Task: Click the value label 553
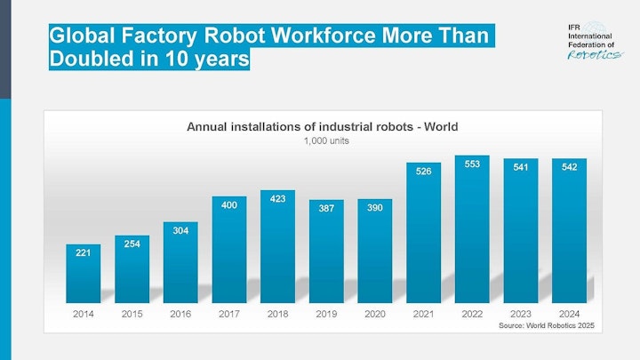471,164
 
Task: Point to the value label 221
84,252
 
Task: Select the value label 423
277,199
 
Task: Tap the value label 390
374,206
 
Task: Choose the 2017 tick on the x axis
229,314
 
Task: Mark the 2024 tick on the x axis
568,314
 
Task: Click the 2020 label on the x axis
374,314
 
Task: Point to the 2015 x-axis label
132,314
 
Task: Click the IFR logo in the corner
594,41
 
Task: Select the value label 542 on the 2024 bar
568,165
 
